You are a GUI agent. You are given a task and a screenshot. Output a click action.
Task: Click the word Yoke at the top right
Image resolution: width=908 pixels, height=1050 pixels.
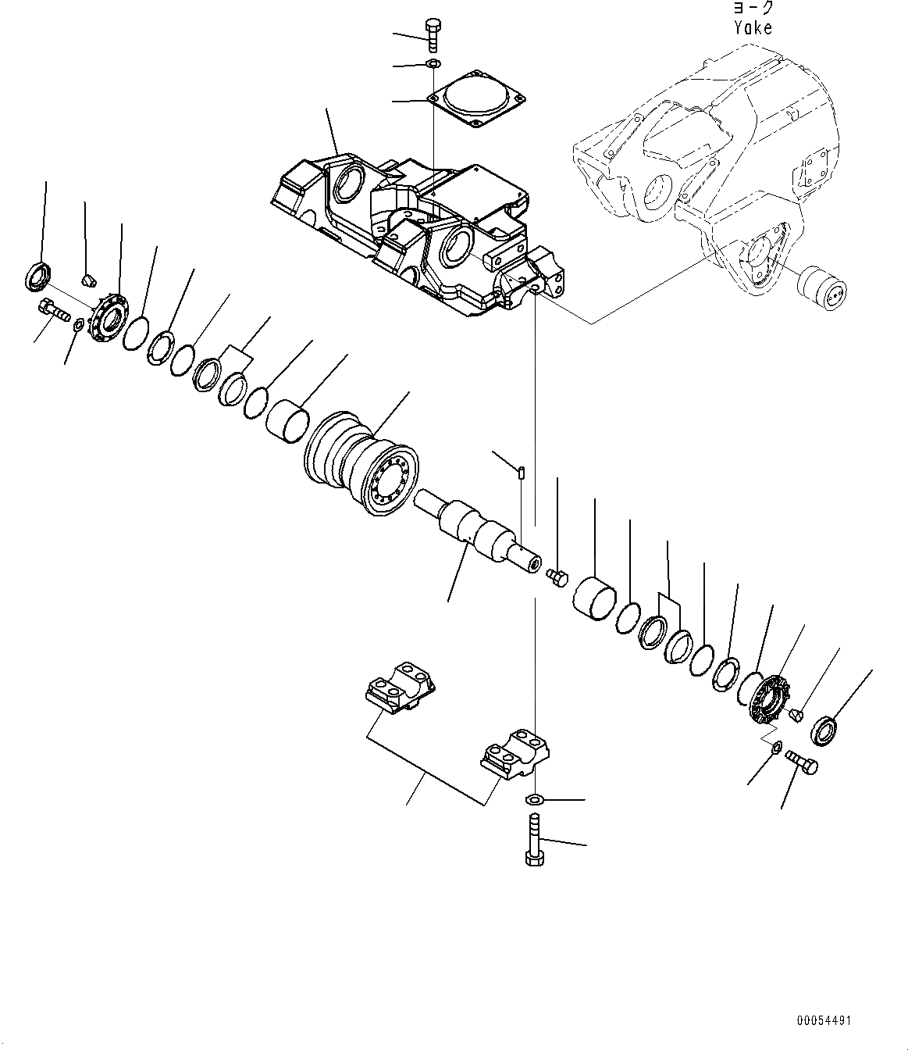[x=753, y=28]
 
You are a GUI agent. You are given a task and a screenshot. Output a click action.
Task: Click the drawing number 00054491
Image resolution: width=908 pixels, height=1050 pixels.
[x=824, y=1020]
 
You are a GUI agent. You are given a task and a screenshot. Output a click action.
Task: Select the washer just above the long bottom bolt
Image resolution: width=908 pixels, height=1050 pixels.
[x=536, y=799]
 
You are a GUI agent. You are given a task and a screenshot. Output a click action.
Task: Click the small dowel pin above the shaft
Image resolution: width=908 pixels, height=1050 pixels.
[x=521, y=471]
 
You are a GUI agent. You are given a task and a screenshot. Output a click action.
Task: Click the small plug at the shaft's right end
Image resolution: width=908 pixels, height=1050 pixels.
[x=557, y=577]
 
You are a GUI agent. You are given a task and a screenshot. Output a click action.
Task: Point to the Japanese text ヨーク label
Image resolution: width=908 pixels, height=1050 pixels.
[x=753, y=8]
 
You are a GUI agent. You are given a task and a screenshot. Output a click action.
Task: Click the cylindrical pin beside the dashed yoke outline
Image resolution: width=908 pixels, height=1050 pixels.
[x=824, y=286]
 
